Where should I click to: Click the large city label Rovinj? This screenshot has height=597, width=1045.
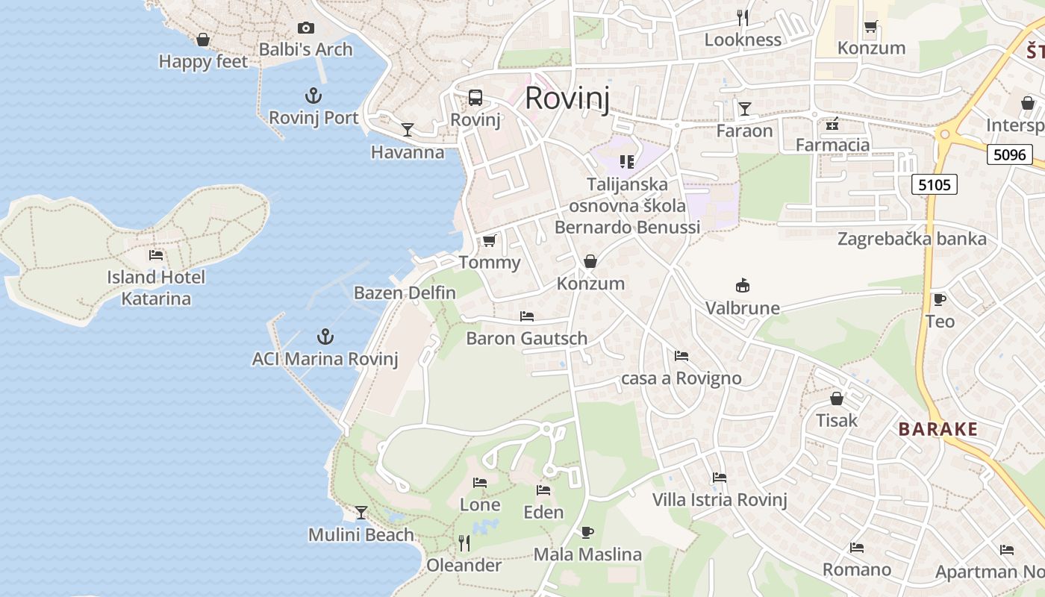pos(567,98)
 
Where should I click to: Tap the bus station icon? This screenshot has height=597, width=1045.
pos(475,98)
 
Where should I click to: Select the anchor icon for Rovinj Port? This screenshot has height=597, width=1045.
pos(313,96)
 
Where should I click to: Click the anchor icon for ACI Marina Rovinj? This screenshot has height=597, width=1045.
pos(325,337)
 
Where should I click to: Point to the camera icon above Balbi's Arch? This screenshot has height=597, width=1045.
pos(305,28)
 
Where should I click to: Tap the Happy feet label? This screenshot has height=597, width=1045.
pos(203,61)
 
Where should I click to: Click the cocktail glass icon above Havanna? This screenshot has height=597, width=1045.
pos(408,130)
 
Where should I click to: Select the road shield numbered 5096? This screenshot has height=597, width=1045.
pos(1009,154)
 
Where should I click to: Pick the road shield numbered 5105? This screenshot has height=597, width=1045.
pos(935,184)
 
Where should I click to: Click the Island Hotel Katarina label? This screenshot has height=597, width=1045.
pos(156,287)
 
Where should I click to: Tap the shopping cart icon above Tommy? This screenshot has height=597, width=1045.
pos(490,240)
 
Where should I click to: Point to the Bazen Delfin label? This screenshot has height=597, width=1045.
pos(405,293)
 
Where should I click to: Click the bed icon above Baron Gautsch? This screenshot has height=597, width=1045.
pos(527,316)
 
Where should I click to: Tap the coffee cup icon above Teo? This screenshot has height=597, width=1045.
pos(940,299)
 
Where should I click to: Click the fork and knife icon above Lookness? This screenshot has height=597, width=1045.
pos(743,18)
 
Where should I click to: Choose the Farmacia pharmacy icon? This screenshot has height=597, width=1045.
pos(832,123)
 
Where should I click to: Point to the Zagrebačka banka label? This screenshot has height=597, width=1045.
pos(911,239)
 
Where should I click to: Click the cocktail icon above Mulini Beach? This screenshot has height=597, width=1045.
pos(361,513)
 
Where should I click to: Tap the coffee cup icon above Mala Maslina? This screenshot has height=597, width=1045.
pos(587,532)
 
